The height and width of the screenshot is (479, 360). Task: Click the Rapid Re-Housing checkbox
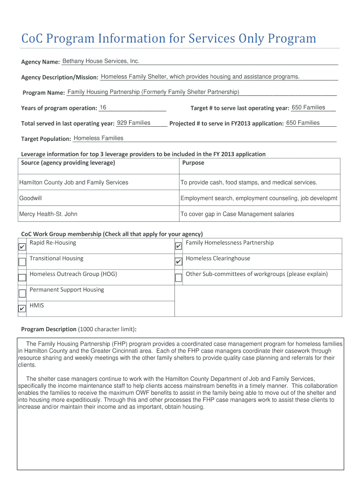22,247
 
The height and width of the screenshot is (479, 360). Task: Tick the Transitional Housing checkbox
22,262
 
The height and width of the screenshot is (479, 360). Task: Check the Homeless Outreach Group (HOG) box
22,277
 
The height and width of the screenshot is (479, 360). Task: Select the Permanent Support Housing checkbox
22,293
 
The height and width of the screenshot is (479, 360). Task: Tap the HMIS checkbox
22,309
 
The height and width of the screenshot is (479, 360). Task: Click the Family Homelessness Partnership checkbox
178,247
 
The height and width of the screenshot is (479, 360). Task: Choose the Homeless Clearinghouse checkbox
178,262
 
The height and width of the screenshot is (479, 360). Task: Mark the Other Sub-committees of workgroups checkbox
178,278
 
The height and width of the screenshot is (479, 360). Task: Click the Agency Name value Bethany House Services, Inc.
101,61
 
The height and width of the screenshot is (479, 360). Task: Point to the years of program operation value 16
103,108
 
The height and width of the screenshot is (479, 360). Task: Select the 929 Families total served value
134,123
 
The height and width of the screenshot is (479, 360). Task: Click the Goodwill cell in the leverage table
30,198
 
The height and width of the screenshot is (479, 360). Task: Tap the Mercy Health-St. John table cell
48,214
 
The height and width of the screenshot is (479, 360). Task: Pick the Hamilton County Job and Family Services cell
73,182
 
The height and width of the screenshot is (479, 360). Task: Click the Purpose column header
193,163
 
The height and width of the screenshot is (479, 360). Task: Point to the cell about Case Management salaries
238,214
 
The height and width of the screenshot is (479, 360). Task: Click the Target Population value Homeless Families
99,138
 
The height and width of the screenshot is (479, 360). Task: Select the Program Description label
49,329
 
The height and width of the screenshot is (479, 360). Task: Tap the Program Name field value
153,92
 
